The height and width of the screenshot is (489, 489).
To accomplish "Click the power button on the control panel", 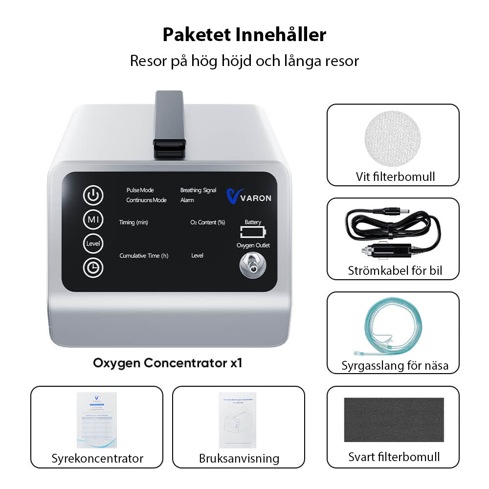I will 93,196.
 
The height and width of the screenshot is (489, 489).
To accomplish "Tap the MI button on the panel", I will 93,220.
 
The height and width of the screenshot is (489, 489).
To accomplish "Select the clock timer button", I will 93,267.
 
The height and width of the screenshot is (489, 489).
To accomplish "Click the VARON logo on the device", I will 249,197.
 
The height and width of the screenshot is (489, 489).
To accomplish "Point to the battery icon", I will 253,231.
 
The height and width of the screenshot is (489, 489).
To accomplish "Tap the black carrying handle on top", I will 169,125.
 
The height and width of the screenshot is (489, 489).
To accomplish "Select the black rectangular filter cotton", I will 394,420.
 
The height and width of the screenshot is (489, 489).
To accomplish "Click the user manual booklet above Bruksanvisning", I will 239,420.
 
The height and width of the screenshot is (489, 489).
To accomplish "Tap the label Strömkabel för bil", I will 392,270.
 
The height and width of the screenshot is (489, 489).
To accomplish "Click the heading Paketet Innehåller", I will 244,35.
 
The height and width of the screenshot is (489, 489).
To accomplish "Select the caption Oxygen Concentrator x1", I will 168,363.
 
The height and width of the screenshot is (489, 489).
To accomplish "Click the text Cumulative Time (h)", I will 144,256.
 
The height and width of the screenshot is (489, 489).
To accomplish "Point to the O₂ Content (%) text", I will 207,222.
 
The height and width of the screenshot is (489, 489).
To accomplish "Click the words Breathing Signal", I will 198,190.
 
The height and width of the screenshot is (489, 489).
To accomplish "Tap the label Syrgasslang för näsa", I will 395,365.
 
